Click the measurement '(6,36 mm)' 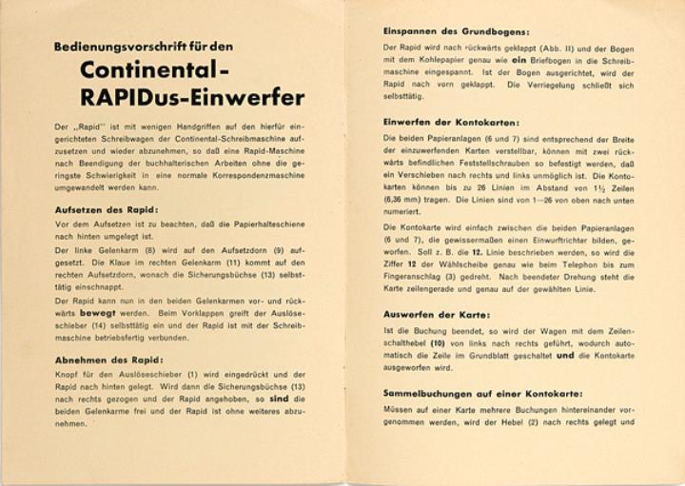pyautogui.click(x=403, y=202)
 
